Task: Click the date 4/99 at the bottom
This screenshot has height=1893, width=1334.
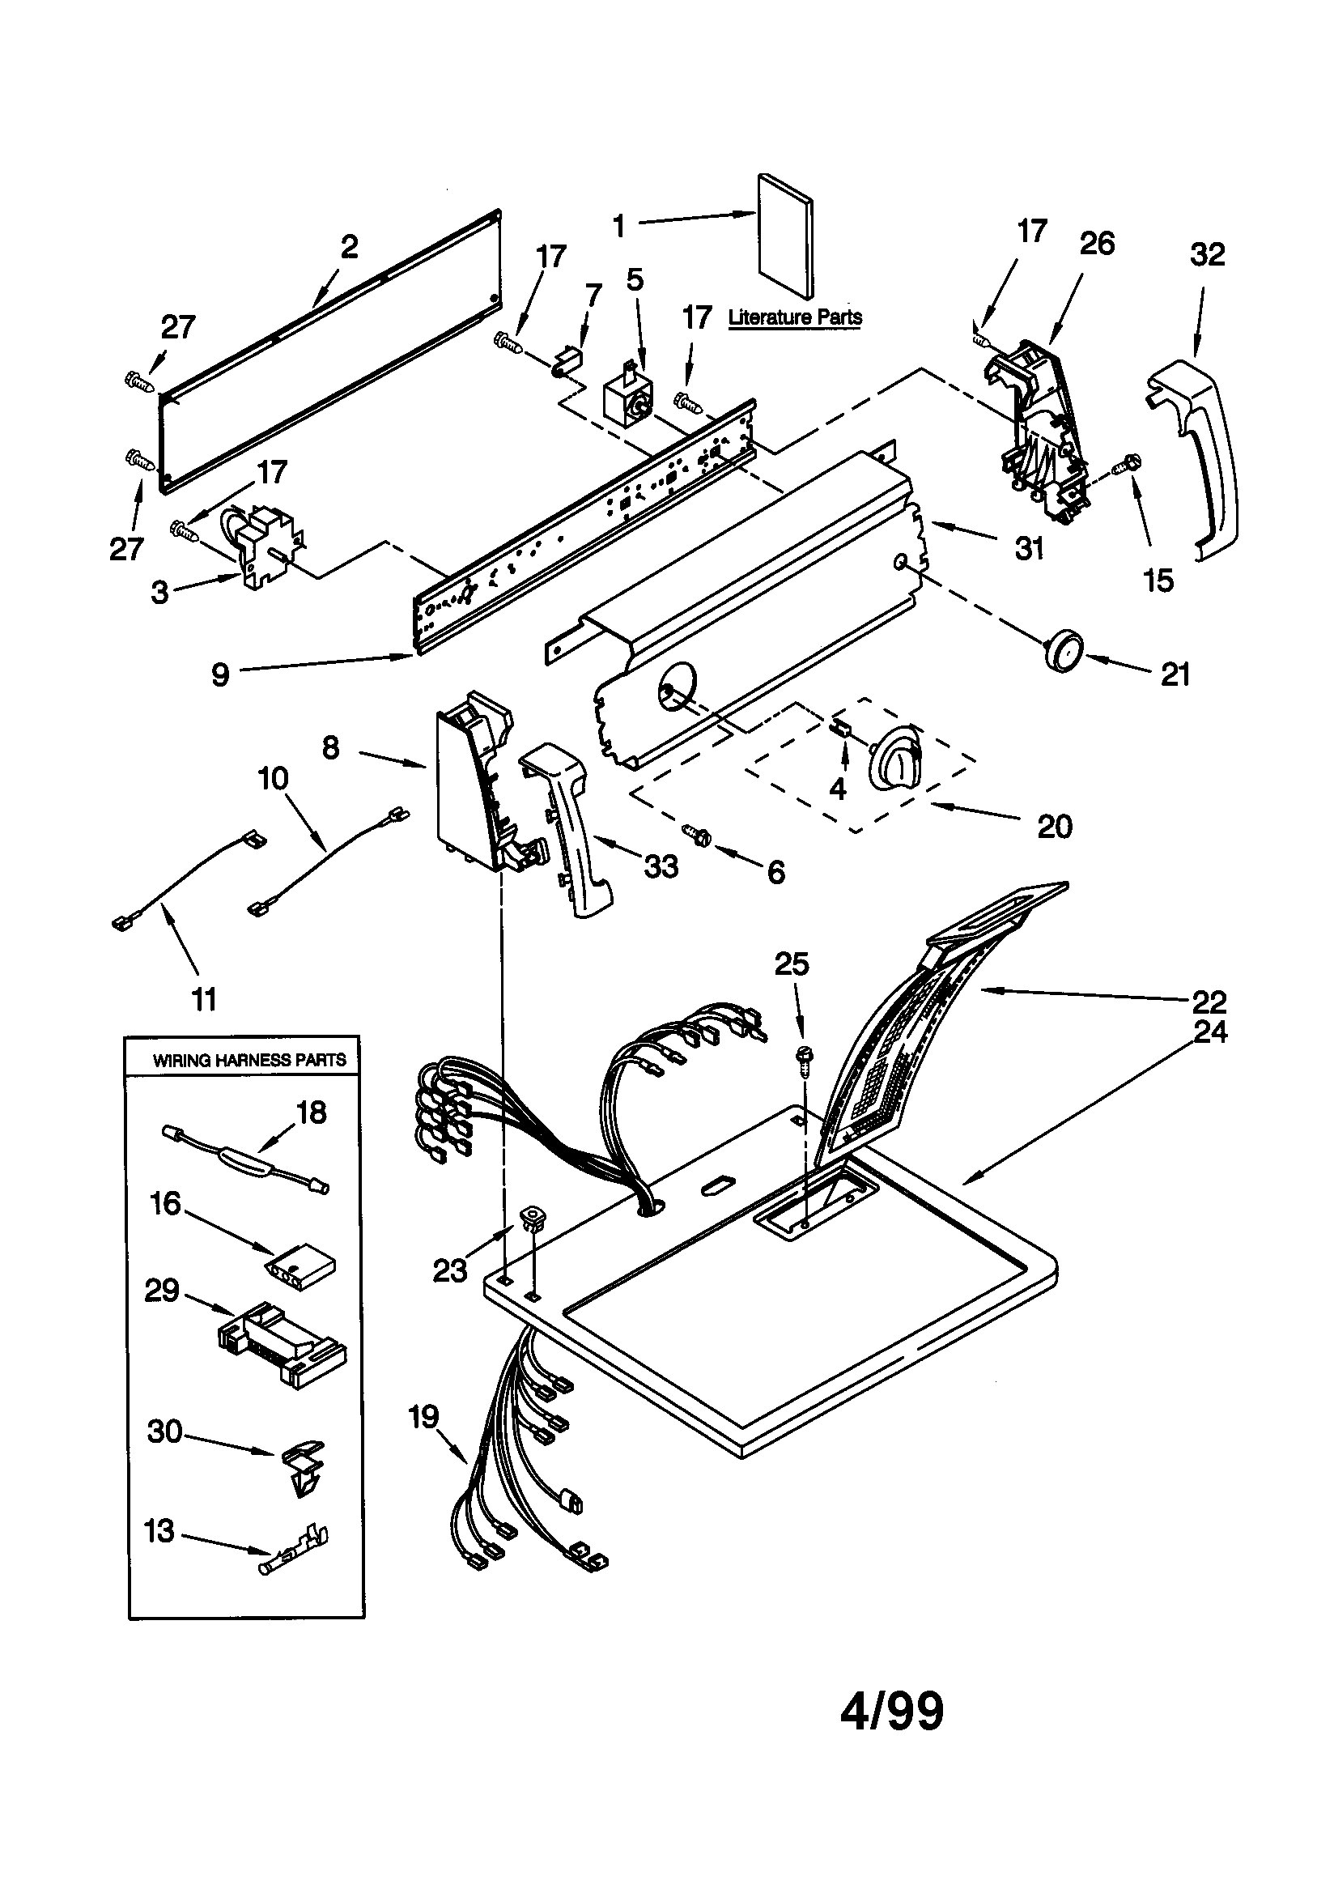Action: [892, 1711]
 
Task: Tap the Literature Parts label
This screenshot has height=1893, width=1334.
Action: [795, 317]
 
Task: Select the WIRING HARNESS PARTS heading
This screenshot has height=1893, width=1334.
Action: [249, 1061]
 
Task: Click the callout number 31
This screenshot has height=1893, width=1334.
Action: [1029, 548]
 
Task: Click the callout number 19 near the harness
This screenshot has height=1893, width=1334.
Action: [424, 1417]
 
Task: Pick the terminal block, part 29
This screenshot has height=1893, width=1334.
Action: [281, 1346]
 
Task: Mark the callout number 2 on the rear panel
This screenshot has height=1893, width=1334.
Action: [350, 246]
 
